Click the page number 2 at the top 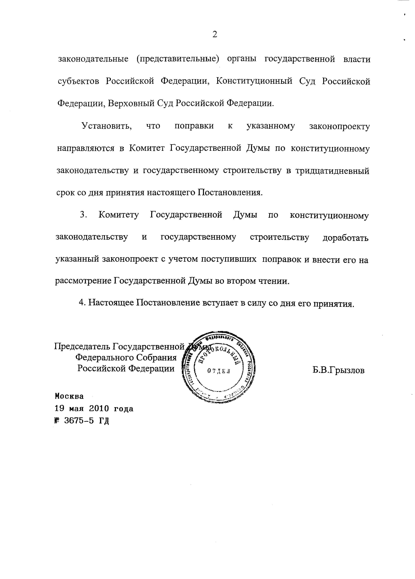coord(214,34)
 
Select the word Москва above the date coord(69,396)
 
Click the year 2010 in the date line coord(99,409)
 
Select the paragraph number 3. coord(82,215)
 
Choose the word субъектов coord(78,81)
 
